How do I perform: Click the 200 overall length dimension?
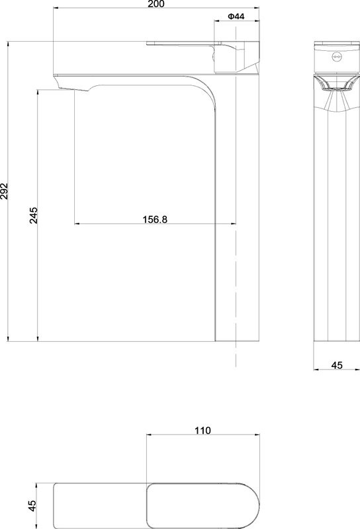point(156,4)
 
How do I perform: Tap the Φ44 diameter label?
point(236,16)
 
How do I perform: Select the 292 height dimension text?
point(4,191)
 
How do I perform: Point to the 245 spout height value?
point(34,216)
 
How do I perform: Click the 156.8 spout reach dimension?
point(155,220)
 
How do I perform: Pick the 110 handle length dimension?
point(202,430)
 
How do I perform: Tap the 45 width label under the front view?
point(337,365)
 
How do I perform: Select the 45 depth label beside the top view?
point(32,506)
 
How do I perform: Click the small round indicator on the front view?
point(336,57)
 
